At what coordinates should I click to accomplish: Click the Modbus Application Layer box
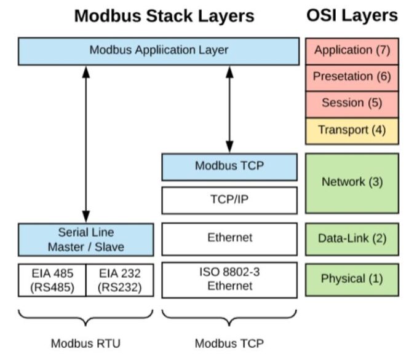159,50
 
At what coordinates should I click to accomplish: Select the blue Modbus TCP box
229,166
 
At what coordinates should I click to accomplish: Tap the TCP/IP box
229,200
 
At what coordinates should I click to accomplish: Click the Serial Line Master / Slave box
85,240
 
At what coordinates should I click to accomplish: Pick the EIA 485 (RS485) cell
52,280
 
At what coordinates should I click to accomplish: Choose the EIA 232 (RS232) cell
119,280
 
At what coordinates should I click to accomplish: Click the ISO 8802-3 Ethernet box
229,280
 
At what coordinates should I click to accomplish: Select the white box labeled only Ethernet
229,238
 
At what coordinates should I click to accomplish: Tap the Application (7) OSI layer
352,50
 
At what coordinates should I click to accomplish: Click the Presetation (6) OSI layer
352,77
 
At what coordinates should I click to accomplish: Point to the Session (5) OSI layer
352,103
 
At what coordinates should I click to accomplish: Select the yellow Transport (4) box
352,130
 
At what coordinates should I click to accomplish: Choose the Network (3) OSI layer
352,182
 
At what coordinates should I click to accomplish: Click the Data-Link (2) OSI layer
352,238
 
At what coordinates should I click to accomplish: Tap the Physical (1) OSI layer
352,279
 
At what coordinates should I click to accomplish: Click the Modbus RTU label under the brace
85,343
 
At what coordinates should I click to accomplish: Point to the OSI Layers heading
352,16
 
